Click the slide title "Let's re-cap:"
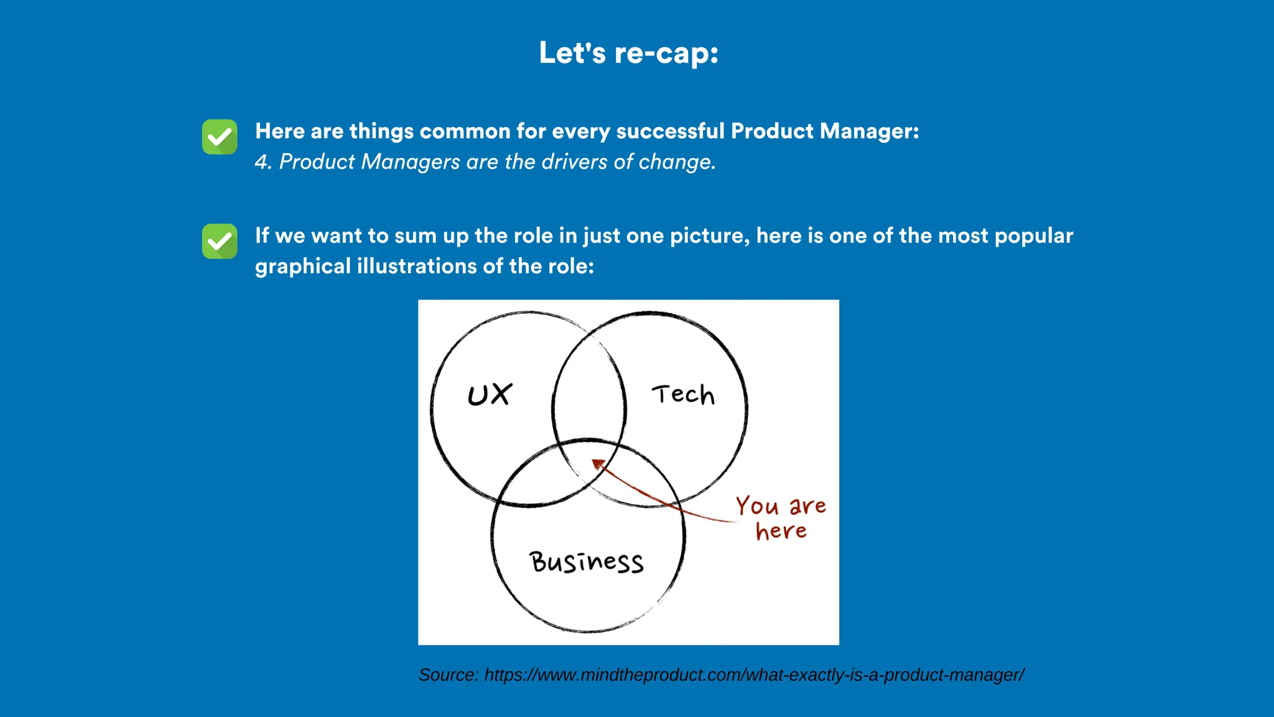(628, 53)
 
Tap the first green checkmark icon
(220, 137)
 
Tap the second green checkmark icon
(220, 241)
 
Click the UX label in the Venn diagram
(490, 395)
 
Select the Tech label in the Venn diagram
(683, 395)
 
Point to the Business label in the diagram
(587, 562)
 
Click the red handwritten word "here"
(781, 531)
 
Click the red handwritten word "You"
(757, 506)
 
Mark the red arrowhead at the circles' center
(598, 464)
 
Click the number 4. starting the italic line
(263, 162)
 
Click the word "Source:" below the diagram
(449, 675)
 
